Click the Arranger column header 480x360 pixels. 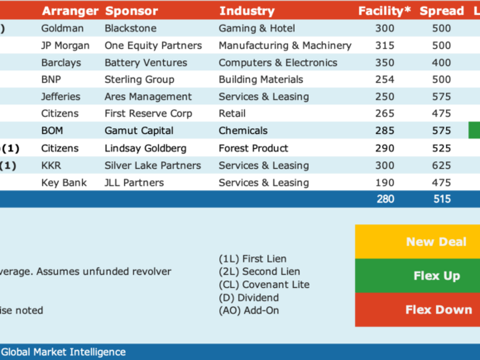(x=70, y=11)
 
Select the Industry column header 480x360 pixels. (x=247, y=11)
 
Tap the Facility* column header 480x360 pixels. (x=385, y=11)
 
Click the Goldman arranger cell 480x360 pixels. (x=62, y=28)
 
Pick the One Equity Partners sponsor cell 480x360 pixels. (x=153, y=46)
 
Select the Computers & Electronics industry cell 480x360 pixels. (x=278, y=63)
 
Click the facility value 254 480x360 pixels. (x=385, y=79)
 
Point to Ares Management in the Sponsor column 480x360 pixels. (x=148, y=97)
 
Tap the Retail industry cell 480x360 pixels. (x=232, y=113)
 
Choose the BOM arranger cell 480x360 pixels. (x=52, y=131)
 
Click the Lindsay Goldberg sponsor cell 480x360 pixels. (x=146, y=148)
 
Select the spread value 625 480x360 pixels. (x=441, y=166)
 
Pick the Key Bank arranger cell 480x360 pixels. (x=64, y=183)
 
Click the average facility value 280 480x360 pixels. (x=386, y=199)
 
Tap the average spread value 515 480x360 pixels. (x=442, y=199)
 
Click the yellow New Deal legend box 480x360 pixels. (x=418, y=242)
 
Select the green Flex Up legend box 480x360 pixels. (x=418, y=276)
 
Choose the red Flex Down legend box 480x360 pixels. (x=418, y=310)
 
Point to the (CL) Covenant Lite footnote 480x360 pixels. (x=264, y=285)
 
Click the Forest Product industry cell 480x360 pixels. (x=253, y=148)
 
